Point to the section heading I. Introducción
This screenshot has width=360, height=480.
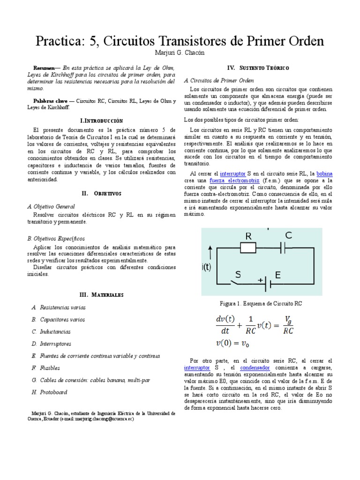[102, 120]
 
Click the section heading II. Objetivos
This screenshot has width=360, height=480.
[101, 193]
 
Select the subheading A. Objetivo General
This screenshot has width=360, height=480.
[51, 206]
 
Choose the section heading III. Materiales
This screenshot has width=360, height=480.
[101, 294]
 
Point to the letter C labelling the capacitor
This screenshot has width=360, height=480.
[288, 236]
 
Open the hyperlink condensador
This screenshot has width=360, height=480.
[255, 368]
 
